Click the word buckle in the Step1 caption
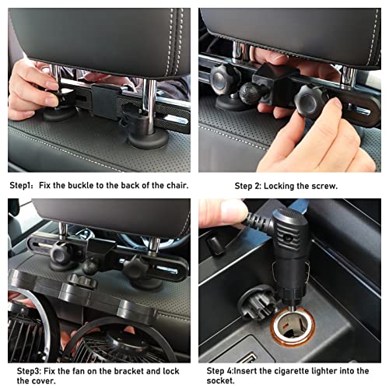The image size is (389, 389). click(x=80, y=185)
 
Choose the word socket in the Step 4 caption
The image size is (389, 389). click(x=220, y=380)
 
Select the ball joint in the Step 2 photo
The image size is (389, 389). click(x=250, y=93)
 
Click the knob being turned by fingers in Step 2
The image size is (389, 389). click(x=310, y=100)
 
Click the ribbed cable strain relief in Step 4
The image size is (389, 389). click(x=258, y=222)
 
